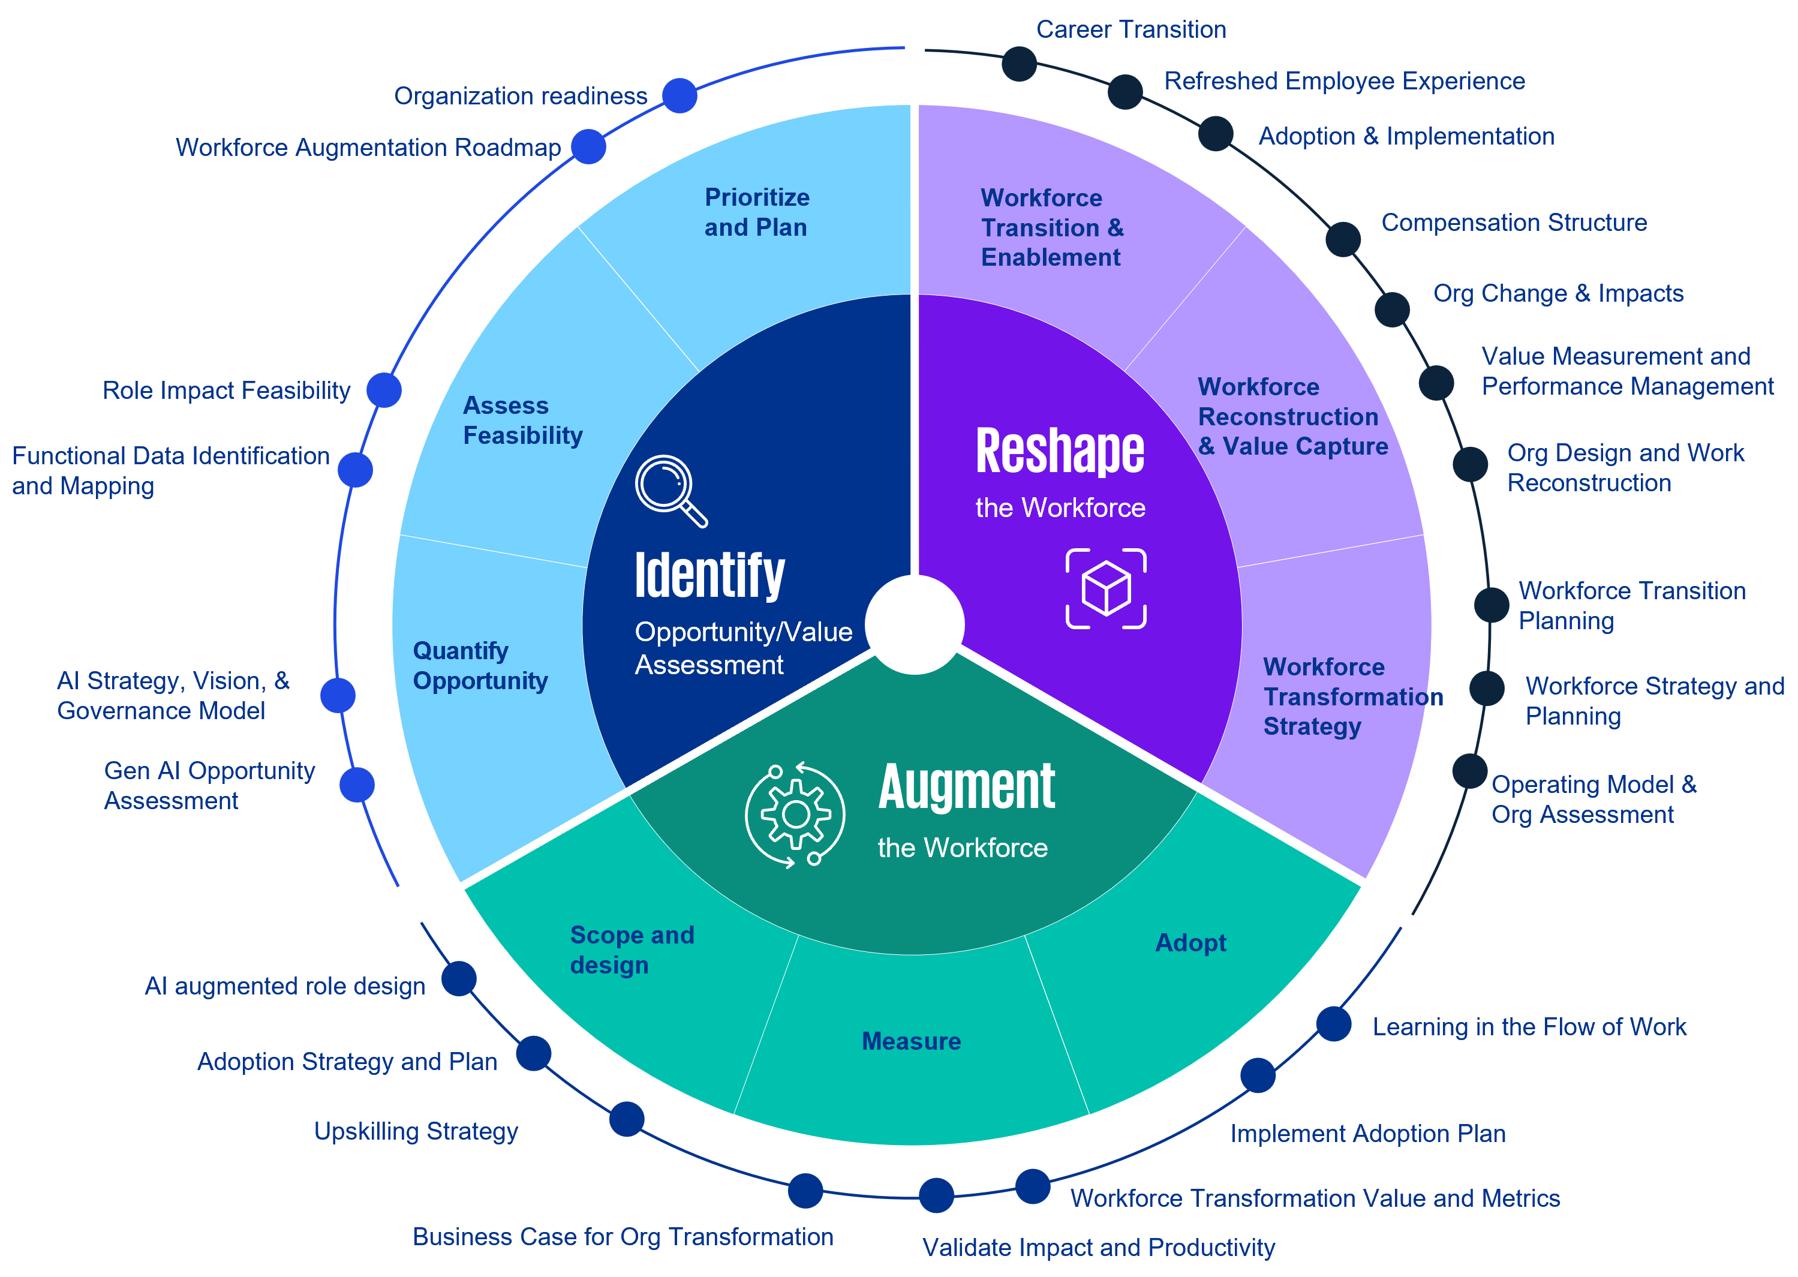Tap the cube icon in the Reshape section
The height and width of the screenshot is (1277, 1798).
point(1105,588)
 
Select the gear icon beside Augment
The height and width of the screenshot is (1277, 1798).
point(795,815)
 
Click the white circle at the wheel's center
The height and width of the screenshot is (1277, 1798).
point(915,624)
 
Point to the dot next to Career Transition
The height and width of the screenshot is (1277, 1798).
point(1019,64)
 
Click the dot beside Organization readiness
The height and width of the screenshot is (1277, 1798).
point(679,96)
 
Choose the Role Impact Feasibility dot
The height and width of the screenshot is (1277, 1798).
point(384,390)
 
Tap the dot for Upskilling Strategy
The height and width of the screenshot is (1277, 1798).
point(627,1118)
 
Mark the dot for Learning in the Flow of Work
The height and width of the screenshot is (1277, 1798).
point(1333,1024)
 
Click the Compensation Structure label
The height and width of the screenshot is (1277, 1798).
point(1513,223)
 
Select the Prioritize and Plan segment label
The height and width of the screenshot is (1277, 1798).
point(756,212)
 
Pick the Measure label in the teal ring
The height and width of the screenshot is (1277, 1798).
point(911,1041)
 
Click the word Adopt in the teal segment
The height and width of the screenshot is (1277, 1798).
point(1190,943)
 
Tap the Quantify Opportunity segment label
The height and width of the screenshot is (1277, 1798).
point(480,665)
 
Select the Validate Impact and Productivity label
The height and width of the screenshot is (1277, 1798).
point(1098,1247)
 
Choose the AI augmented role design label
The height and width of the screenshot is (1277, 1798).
point(285,986)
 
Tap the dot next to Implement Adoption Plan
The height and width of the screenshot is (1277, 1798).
point(1258,1075)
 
